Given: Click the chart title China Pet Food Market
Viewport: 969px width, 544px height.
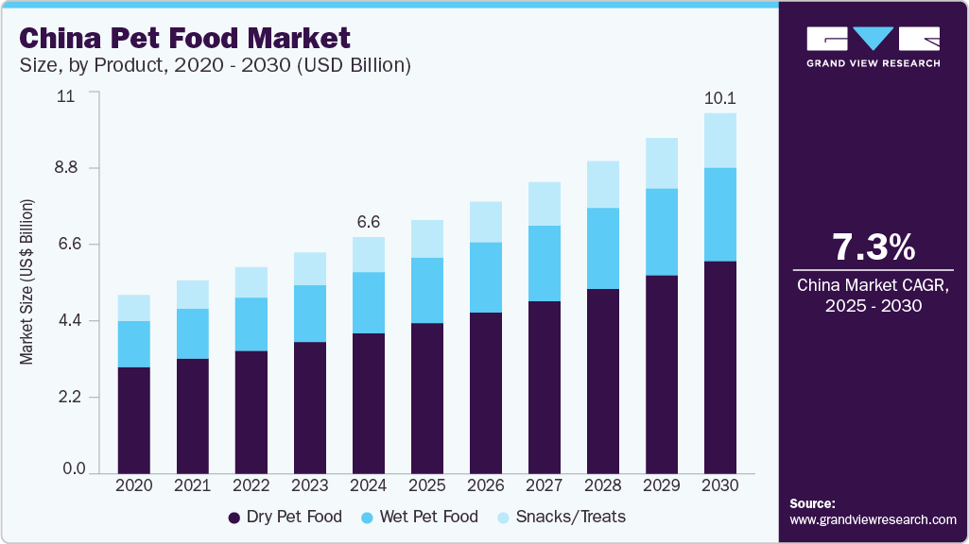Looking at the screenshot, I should tap(185, 38).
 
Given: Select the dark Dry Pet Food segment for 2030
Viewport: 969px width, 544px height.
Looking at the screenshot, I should tap(719, 366).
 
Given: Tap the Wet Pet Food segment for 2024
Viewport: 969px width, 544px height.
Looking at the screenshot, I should tap(368, 302).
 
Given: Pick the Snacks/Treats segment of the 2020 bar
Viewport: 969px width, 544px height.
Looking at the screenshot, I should tap(133, 308).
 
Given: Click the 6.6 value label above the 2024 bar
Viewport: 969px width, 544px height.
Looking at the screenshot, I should tap(368, 222).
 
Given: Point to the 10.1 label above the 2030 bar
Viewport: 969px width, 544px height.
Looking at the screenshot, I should tap(719, 98).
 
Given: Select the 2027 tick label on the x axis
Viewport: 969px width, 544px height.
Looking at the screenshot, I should tap(544, 484).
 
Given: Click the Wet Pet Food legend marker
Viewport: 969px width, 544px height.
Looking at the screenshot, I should tap(368, 518).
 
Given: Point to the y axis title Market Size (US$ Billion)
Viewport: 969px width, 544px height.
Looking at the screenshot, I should tap(27, 281).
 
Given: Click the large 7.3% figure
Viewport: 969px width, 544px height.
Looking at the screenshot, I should tap(873, 247).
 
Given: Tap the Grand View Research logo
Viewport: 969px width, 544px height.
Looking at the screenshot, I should tap(873, 45).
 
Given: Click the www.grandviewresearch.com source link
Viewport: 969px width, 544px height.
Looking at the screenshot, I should tap(873, 519).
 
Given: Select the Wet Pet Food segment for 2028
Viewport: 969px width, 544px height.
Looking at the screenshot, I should tap(602, 248).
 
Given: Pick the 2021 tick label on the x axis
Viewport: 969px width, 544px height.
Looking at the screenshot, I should tap(192, 484).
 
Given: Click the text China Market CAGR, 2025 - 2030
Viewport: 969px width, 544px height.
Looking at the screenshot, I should tap(873, 295).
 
